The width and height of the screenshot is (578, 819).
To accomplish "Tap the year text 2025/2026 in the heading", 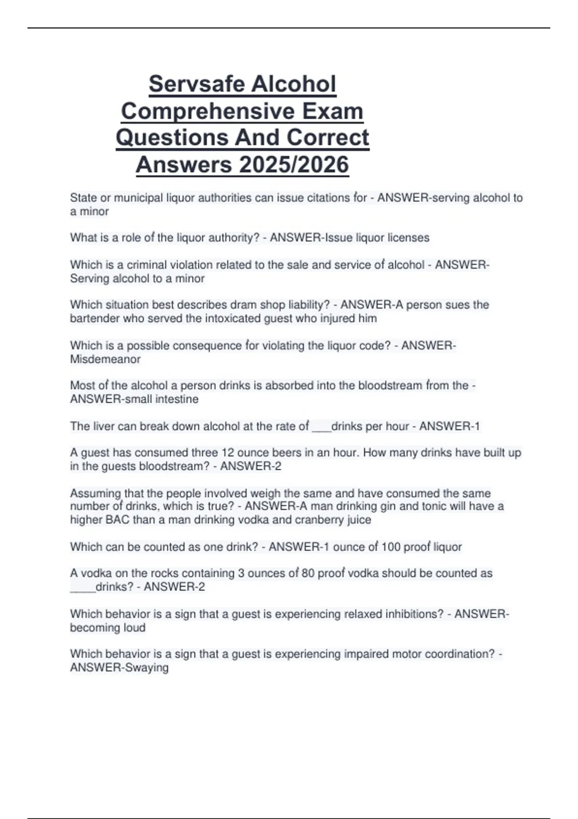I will [294, 165].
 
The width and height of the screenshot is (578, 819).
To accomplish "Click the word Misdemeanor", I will [105, 359].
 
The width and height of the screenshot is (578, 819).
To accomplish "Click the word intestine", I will [177, 399].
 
